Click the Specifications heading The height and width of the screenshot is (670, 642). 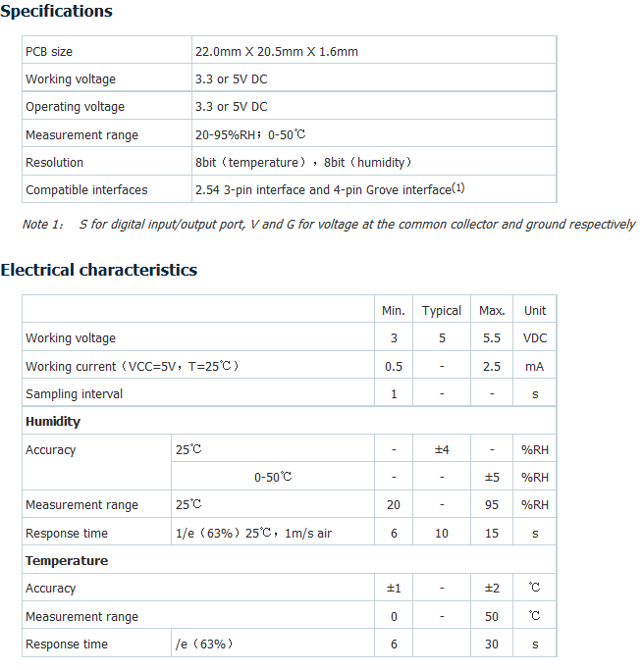(x=56, y=12)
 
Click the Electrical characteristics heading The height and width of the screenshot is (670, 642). (x=99, y=270)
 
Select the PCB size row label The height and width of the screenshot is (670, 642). (x=49, y=51)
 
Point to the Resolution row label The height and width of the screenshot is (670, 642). (x=55, y=162)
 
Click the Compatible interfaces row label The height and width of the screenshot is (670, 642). (x=86, y=189)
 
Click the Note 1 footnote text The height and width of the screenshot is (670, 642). (x=328, y=225)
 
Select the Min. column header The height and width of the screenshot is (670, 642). (x=393, y=310)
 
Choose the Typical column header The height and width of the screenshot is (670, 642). (x=442, y=310)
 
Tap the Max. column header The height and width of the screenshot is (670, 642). (x=492, y=310)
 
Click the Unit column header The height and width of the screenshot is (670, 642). (x=535, y=310)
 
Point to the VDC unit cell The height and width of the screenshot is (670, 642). (x=535, y=337)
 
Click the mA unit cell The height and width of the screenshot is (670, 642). (x=535, y=366)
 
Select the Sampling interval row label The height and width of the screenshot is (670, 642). (x=75, y=393)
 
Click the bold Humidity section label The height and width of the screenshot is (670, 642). (x=53, y=421)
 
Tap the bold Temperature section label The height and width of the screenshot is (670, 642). (x=67, y=560)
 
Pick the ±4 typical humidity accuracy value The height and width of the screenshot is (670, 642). (x=442, y=449)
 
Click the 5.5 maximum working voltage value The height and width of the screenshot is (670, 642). (x=492, y=337)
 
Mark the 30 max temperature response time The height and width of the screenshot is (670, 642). (x=492, y=644)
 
